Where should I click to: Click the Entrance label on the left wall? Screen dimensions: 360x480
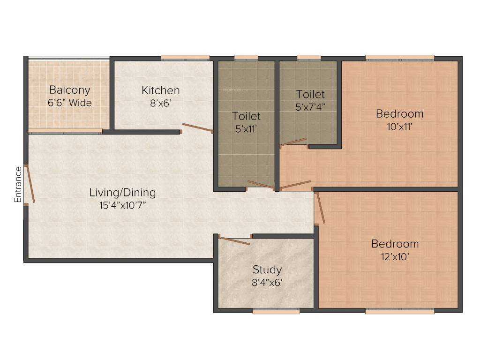18,184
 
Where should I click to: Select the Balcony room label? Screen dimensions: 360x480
70,90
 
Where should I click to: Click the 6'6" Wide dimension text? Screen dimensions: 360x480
70,103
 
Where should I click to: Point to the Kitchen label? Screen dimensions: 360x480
161,90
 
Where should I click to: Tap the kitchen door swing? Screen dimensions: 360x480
197,128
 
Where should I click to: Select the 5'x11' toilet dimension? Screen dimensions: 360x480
247,128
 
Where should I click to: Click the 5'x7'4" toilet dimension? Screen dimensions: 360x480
310,107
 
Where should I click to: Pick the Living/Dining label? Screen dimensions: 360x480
123,192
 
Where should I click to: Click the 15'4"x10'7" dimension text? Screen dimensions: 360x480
123,205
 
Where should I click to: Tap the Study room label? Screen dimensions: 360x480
267,270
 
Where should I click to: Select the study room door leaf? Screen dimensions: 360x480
234,241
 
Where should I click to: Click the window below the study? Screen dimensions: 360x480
276,311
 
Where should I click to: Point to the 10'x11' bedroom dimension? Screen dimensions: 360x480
399,127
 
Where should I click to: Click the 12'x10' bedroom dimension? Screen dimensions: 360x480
395,257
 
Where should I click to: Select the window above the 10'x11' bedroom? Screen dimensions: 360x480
400,58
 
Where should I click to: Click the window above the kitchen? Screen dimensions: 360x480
185,58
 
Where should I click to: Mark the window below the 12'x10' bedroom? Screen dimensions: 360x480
400,311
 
